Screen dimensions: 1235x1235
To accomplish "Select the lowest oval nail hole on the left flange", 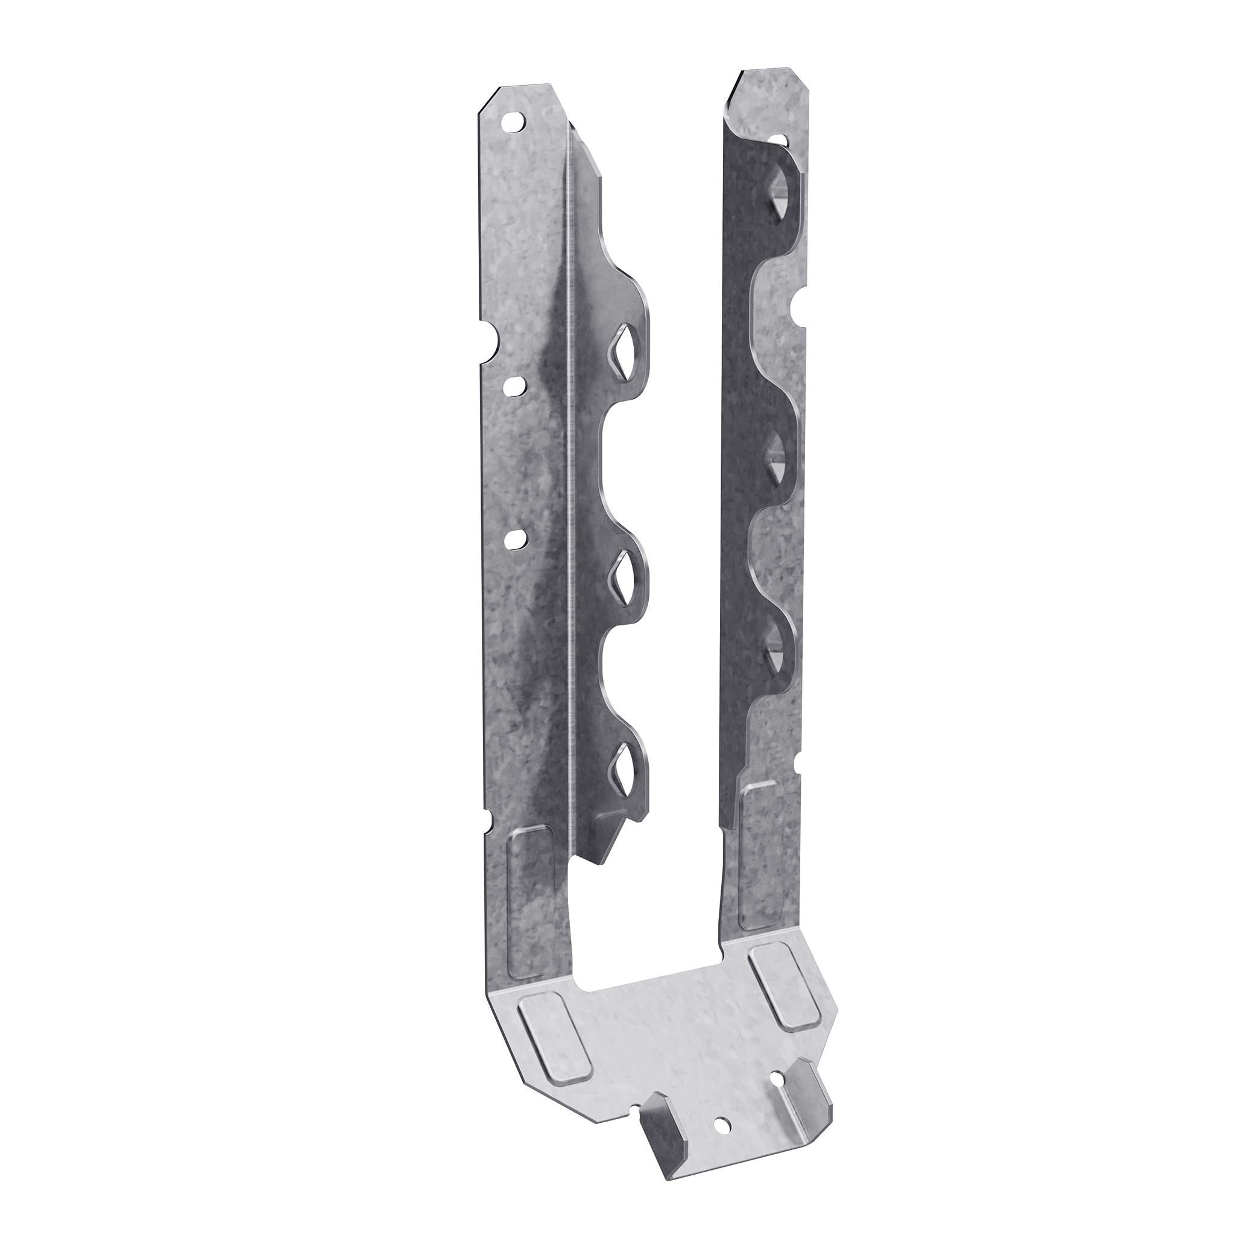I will point(515,539).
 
